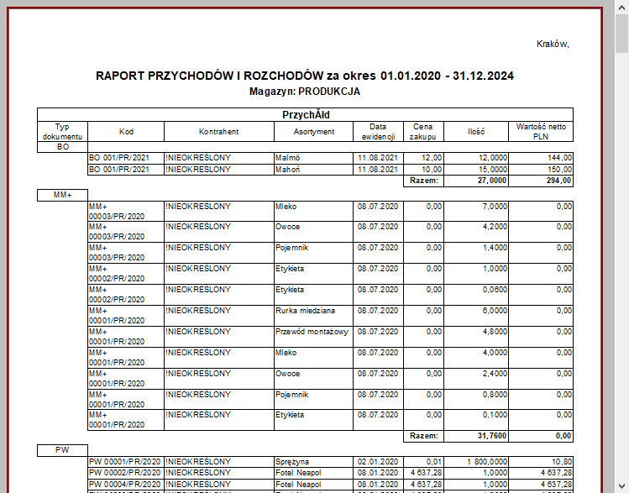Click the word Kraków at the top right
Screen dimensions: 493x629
coord(552,44)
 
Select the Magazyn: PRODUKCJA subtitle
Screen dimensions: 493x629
coord(305,91)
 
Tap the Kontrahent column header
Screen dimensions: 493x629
coord(219,132)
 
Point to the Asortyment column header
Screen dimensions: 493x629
coord(315,132)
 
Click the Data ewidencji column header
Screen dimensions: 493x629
coord(379,131)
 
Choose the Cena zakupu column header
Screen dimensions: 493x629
coord(422,131)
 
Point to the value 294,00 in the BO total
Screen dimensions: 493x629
coord(559,181)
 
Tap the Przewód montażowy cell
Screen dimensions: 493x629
coord(312,331)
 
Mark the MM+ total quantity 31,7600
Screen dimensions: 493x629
coord(490,436)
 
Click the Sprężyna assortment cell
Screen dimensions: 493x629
coord(293,462)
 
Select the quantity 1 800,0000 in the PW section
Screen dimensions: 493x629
coord(484,462)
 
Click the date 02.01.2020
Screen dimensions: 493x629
coord(375,462)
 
